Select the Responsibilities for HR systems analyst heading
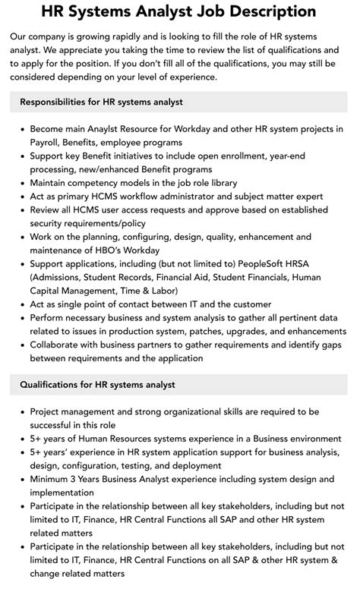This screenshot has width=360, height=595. click(x=101, y=102)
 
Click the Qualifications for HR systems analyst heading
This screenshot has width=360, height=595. click(x=97, y=385)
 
